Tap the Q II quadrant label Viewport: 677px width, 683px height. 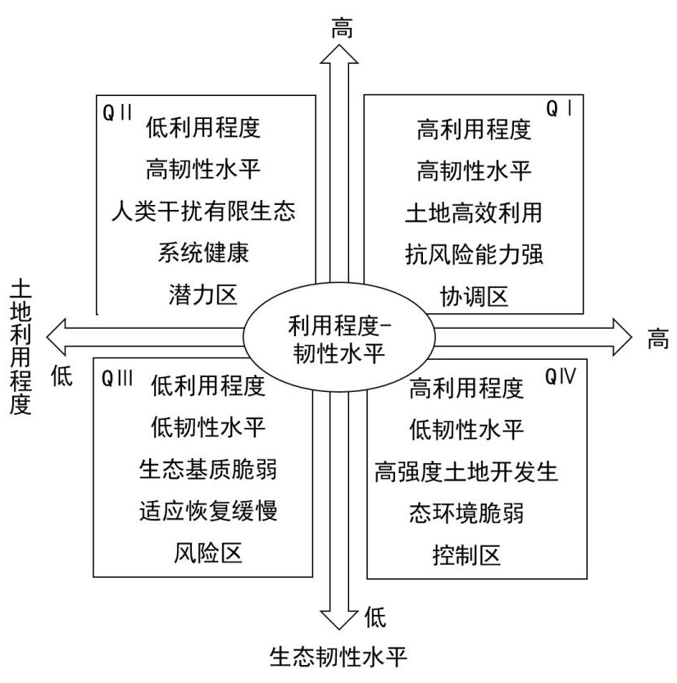[x=118, y=112]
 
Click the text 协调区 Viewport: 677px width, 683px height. [x=474, y=297]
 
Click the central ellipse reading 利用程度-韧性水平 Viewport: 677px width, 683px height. [x=339, y=337]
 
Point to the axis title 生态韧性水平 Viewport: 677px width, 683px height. [x=338, y=657]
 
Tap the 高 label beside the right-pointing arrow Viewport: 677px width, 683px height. [x=658, y=338]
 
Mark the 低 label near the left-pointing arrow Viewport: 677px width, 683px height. [x=62, y=376]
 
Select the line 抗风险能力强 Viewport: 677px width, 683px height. [x=474, y=254]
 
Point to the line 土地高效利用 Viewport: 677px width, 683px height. [x=474, y=212]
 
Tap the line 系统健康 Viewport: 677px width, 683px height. [x=204, y=254]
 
